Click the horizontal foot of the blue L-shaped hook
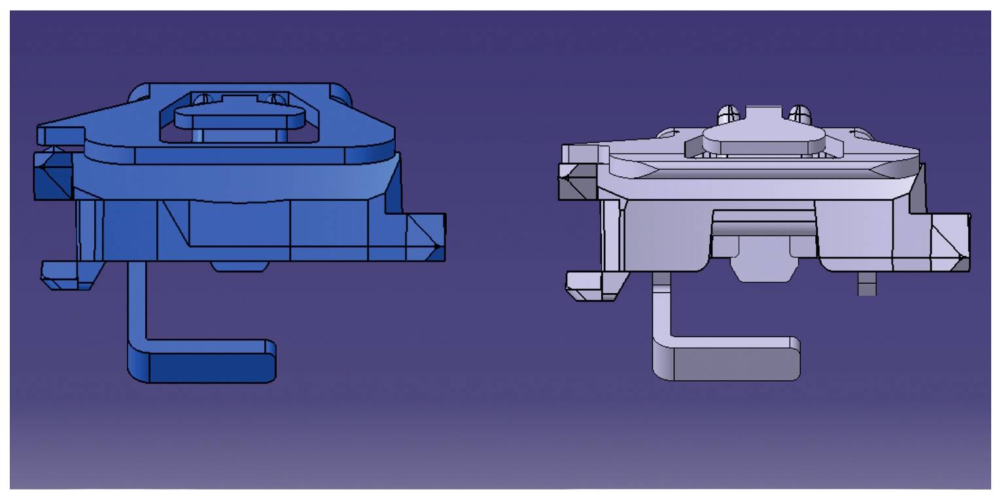click(x=209, y=364)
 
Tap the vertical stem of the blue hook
click(x=137, y=301)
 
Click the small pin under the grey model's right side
click(x=867, y=284)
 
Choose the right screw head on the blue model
click(x=277, y=99)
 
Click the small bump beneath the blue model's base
click(x=239, y=266)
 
